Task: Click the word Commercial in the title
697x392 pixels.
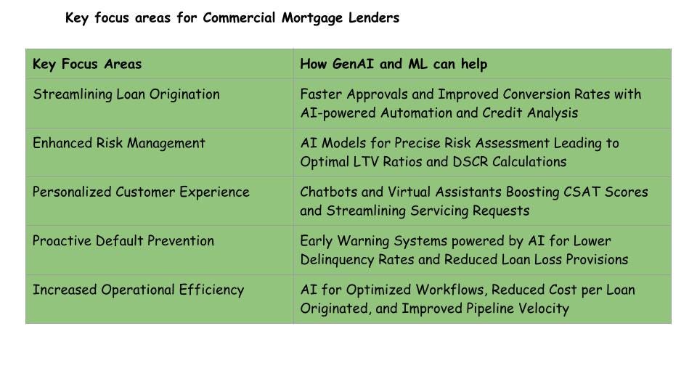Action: [x=238, y=18]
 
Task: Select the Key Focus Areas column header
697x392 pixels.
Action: [x=87, y=64]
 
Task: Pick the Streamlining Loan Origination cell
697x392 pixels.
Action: [x=126, y=94]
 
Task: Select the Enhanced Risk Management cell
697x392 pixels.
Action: [x=119, y=143]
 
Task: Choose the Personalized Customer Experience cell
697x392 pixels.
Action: [x=141, y=192]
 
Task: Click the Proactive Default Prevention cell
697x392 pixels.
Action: [x=123, y=241]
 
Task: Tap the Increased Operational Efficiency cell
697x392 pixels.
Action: [x=138, y=290]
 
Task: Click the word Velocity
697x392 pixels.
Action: [x=542, y=309]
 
